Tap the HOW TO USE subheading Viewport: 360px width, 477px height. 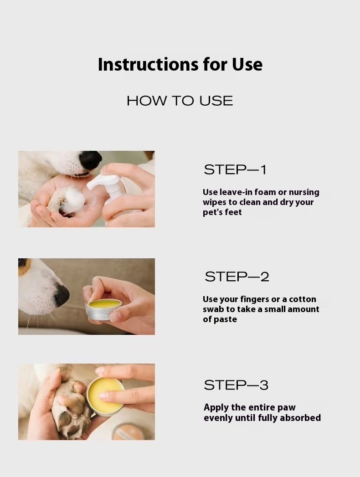[x=180, y=101]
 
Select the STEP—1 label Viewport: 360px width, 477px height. [x=235, y=169]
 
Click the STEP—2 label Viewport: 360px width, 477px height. [x=237, y=277]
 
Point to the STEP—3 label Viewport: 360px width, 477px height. [x=236, y=385]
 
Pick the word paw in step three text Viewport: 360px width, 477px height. [x=287, y=408]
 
